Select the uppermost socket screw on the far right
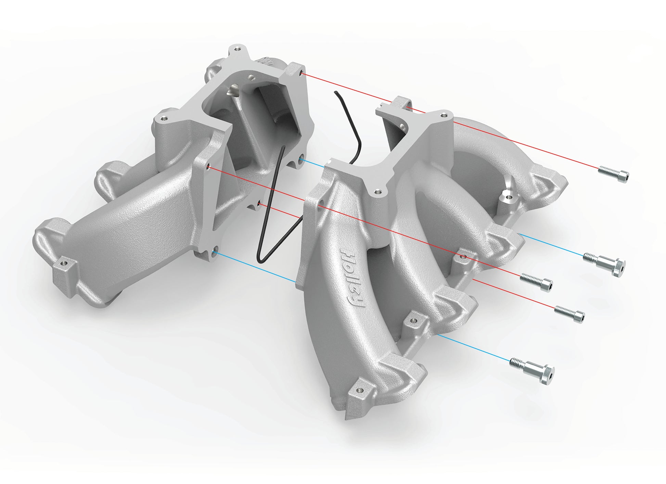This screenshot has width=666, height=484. pyautogui.click(x=614, y=174)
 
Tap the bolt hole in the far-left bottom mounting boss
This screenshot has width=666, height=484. pyautogui.click(x=64, y=264)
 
